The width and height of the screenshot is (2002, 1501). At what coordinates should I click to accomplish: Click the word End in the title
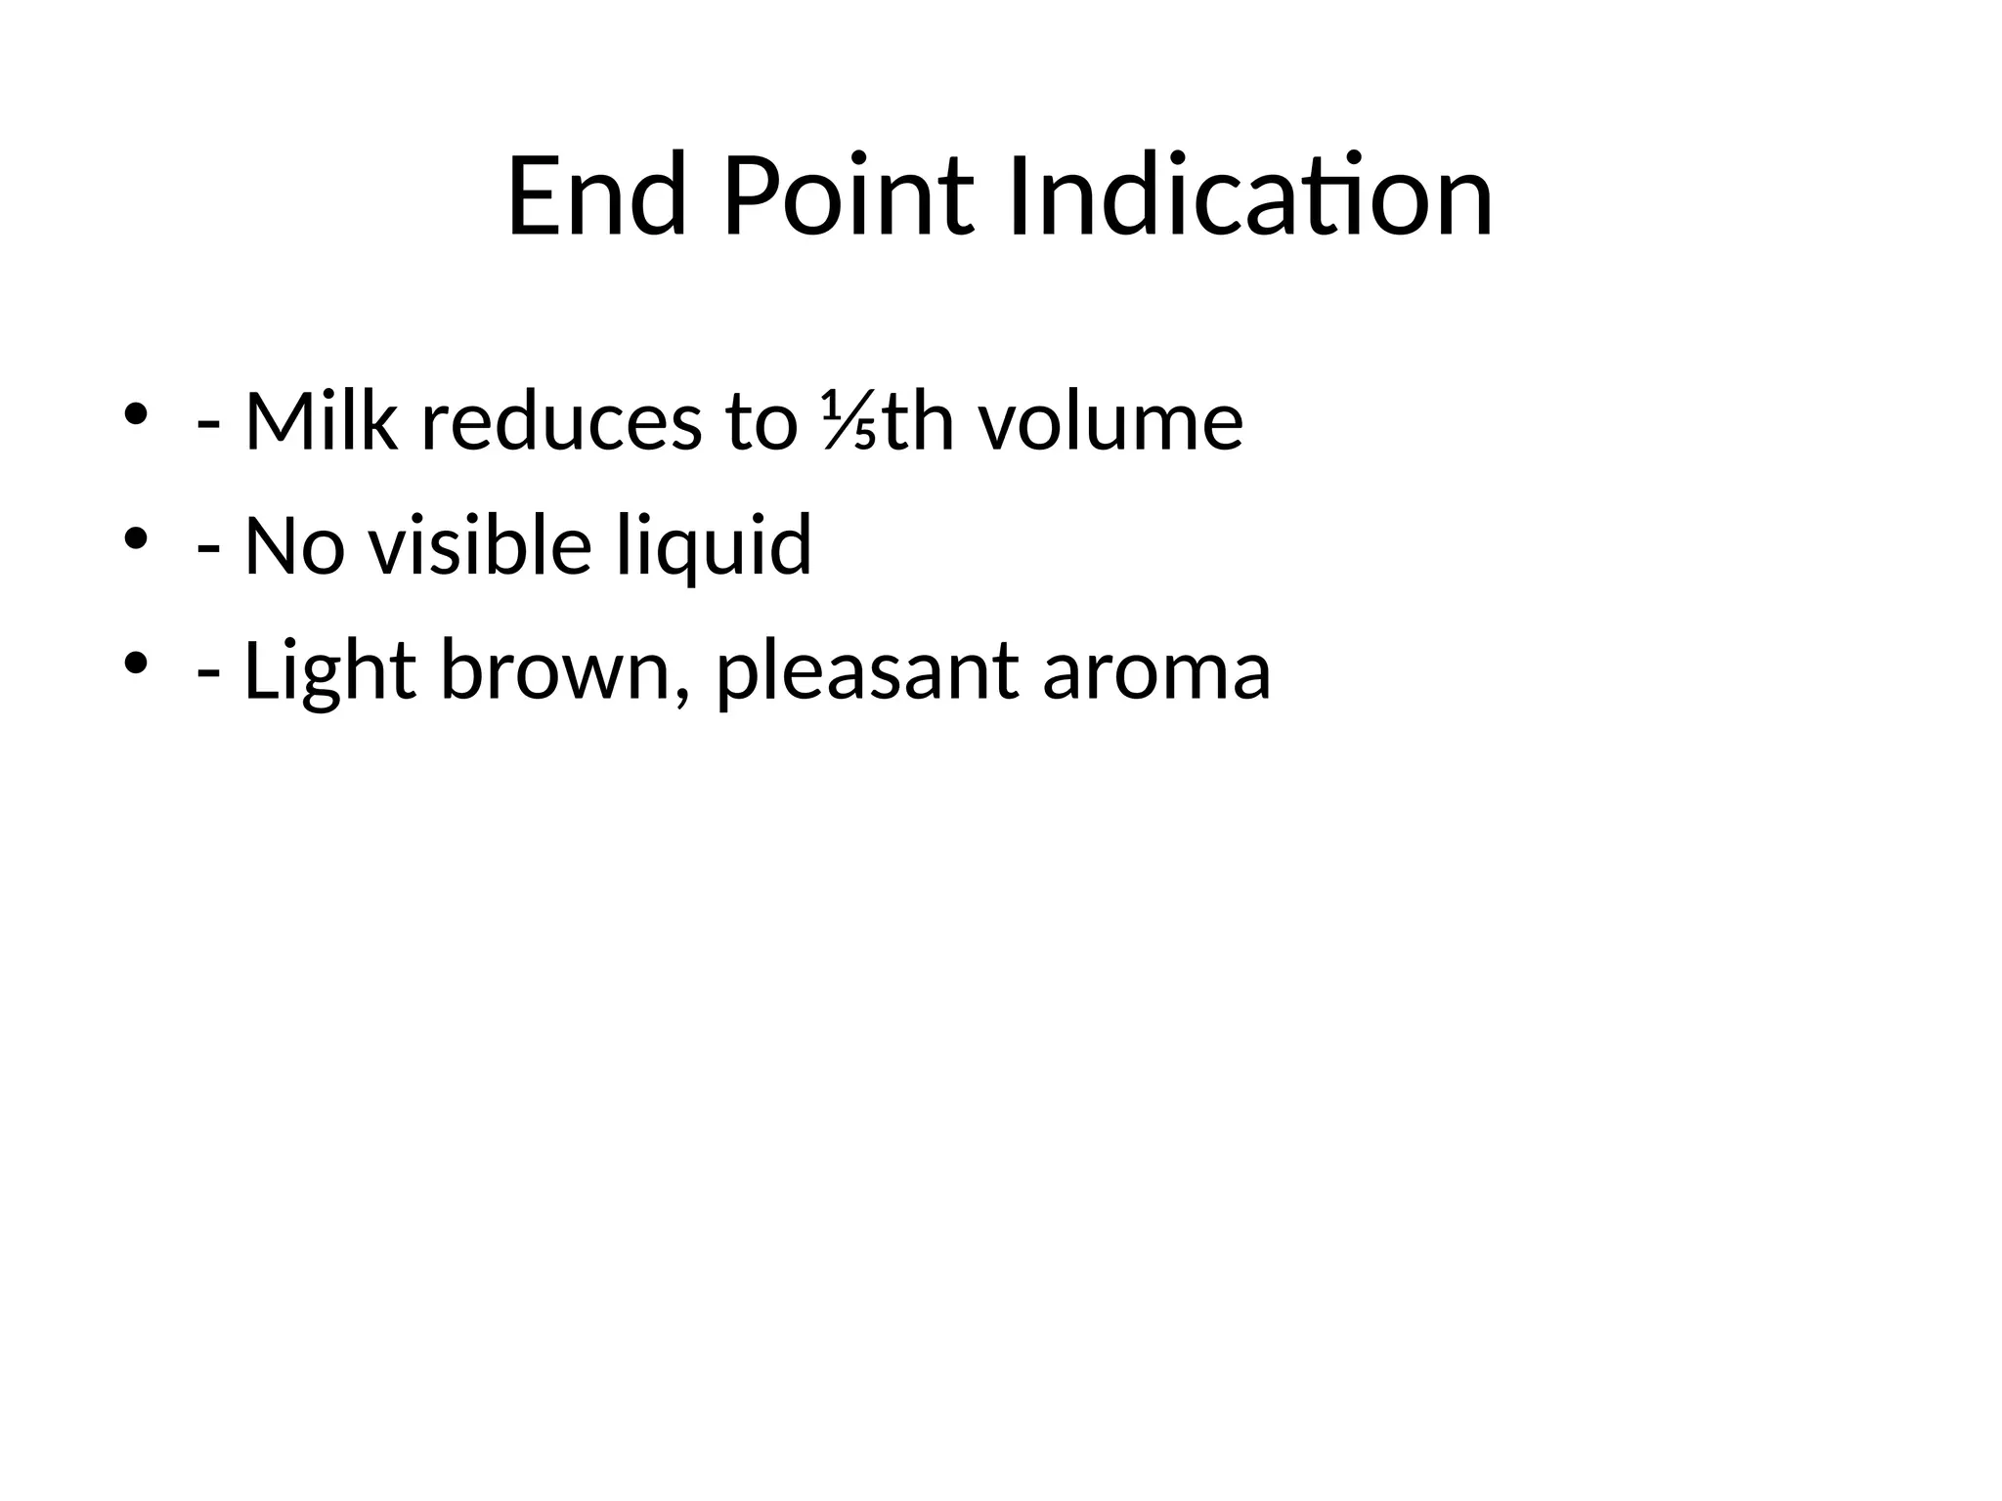596,197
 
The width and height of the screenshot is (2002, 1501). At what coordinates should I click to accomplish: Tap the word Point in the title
848,197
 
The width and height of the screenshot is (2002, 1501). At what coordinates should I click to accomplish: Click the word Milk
321,422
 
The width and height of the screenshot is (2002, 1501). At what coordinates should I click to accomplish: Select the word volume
1111,422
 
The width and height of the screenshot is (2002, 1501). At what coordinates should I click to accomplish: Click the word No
294,546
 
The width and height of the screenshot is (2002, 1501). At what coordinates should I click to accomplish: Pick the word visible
480,544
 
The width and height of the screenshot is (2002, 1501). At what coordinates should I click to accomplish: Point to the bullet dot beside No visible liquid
135,537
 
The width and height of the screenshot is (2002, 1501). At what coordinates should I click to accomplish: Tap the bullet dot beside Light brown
135,663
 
